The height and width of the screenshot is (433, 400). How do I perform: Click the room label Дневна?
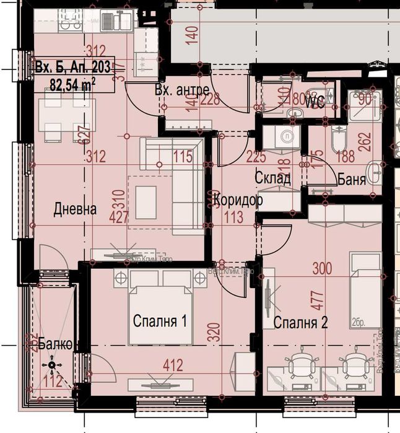(x=75, y=209)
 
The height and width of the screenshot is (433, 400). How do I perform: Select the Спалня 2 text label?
(x=300, y=322)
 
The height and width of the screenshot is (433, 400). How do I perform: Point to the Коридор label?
(x=238, y=200)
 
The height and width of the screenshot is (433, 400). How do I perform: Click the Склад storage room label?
(x=272, y=178)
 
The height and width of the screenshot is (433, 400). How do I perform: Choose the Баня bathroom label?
(x=352, y=179)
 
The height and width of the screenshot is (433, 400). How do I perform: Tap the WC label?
(x=316, y=100)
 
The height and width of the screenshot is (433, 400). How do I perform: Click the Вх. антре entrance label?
(x=181, y=90)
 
